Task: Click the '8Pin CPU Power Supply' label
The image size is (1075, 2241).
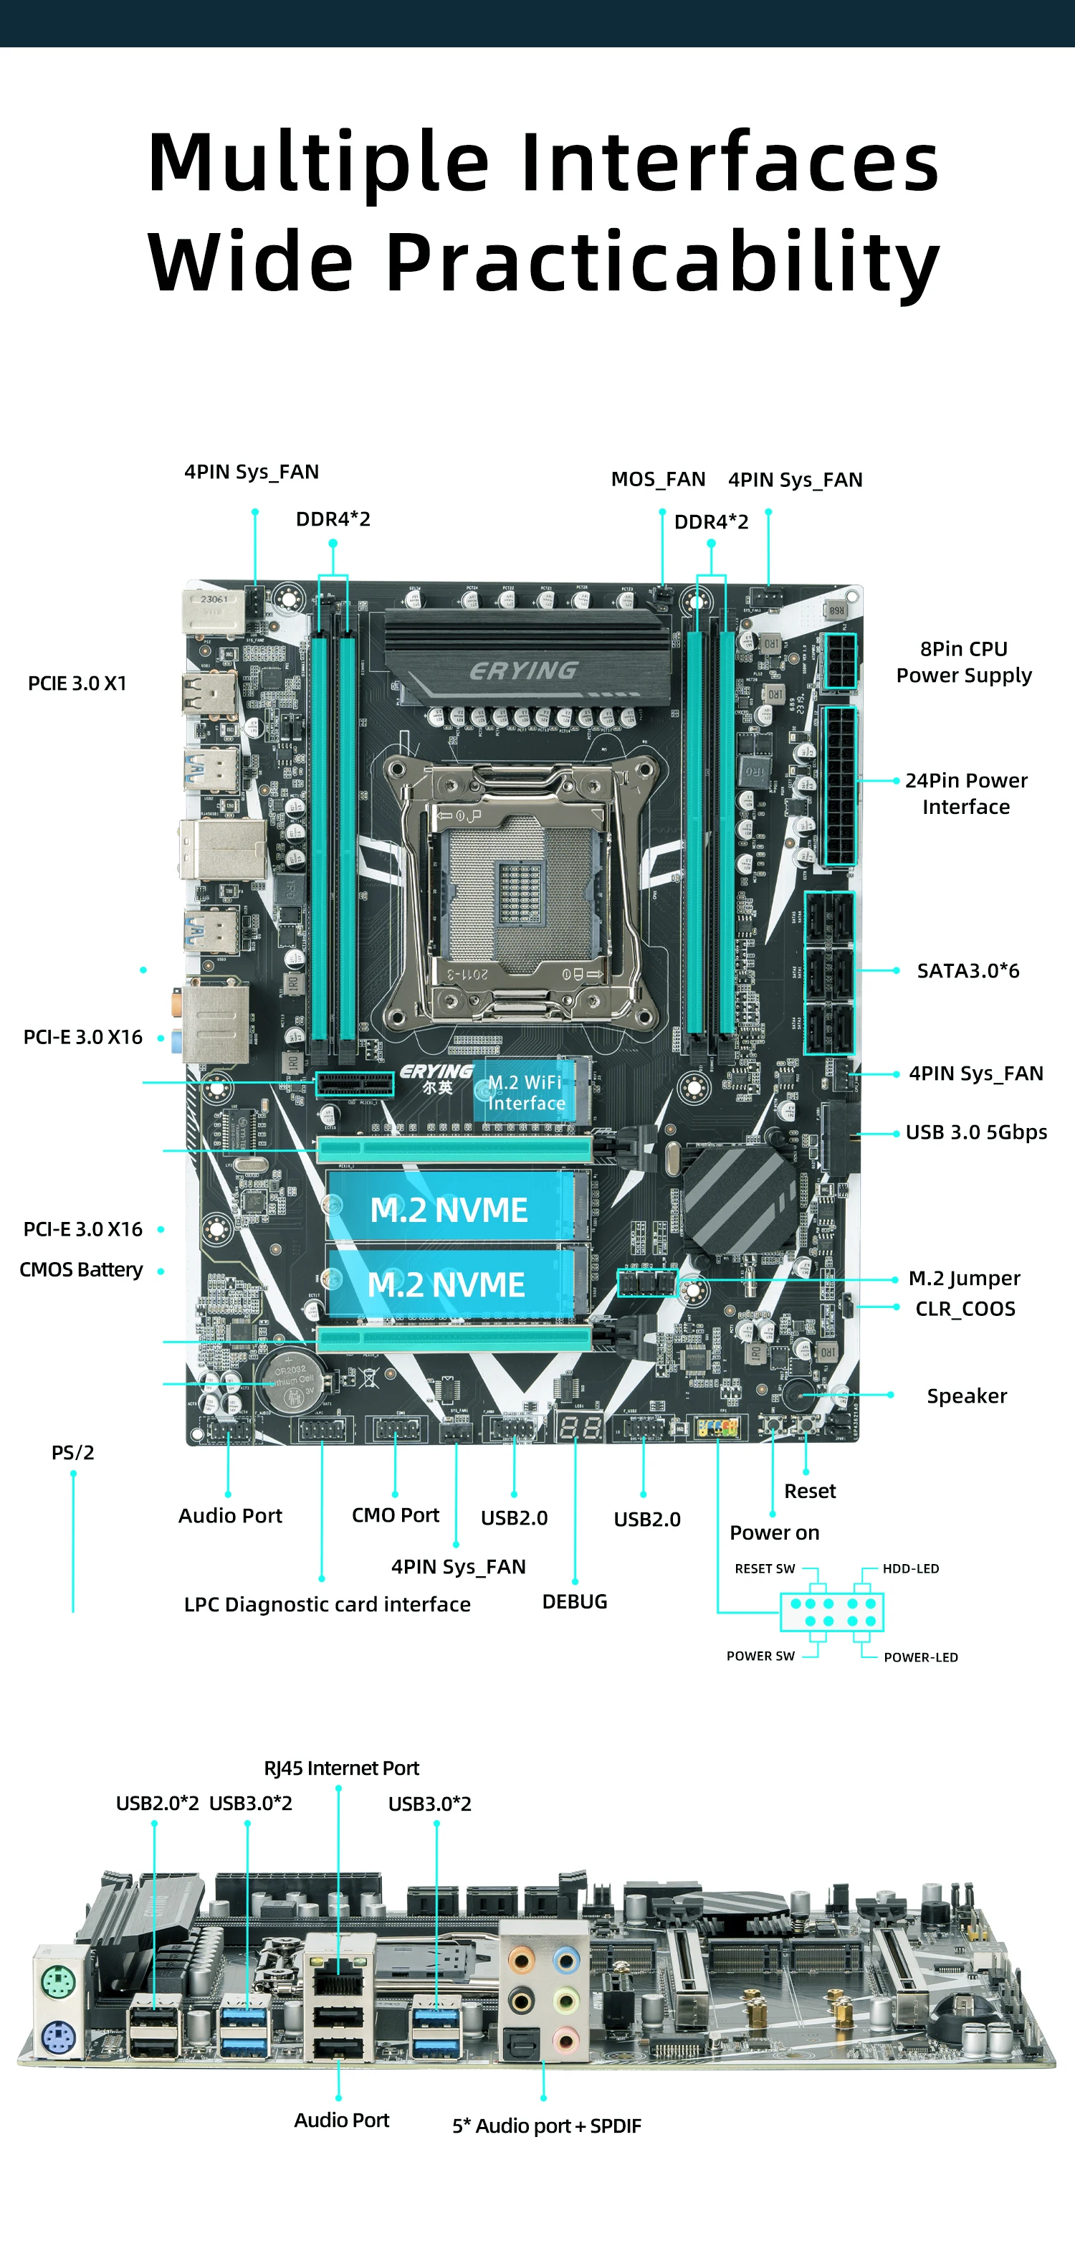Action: (x=964, y=662)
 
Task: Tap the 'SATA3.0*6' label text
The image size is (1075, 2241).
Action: (x=968, y=971)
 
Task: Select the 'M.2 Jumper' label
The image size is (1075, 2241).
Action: (x=965, y=1278)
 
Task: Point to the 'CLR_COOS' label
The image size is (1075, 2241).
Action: (x=965, y=1309)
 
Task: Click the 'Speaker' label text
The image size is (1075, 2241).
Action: (x=966, y=1396)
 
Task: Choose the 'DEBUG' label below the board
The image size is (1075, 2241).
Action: (x=575, y=1601)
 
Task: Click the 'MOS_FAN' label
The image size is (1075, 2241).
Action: (x=659, y=479)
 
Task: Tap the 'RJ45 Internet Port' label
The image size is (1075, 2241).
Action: (x=341, y=1768)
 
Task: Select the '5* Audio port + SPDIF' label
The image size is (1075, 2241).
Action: (x=546, y=2126)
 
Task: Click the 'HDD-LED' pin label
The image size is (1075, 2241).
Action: (x=911, y=1568)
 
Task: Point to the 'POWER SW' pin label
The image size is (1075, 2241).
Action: (x=760, y=1656)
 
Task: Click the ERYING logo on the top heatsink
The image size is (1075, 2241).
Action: (x=524, y=671)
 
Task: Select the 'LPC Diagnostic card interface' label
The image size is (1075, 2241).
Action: (x=327, y=1604)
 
